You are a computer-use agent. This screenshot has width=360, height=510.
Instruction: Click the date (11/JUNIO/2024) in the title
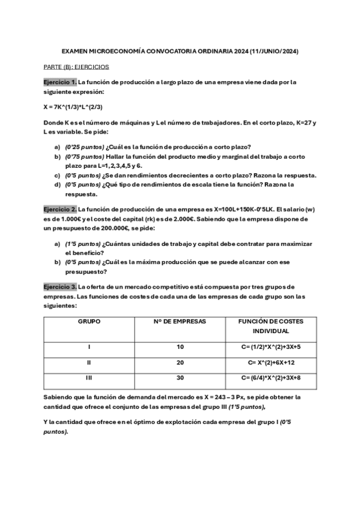tap(273, 52)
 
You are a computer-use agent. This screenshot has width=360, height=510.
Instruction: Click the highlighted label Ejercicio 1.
tap(60, 82)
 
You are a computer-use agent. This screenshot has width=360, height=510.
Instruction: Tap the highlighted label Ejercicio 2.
tap(60, 209)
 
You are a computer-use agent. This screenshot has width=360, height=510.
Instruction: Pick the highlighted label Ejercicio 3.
tap(60, 286)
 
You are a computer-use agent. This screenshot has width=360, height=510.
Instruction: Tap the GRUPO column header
tap(89, 322)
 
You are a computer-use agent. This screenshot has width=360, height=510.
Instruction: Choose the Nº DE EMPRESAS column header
tap(180, 322)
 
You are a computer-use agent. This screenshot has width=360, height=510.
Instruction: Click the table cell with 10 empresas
tap(180, 347)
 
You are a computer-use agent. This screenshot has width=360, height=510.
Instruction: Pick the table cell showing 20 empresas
tap(180, 363)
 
